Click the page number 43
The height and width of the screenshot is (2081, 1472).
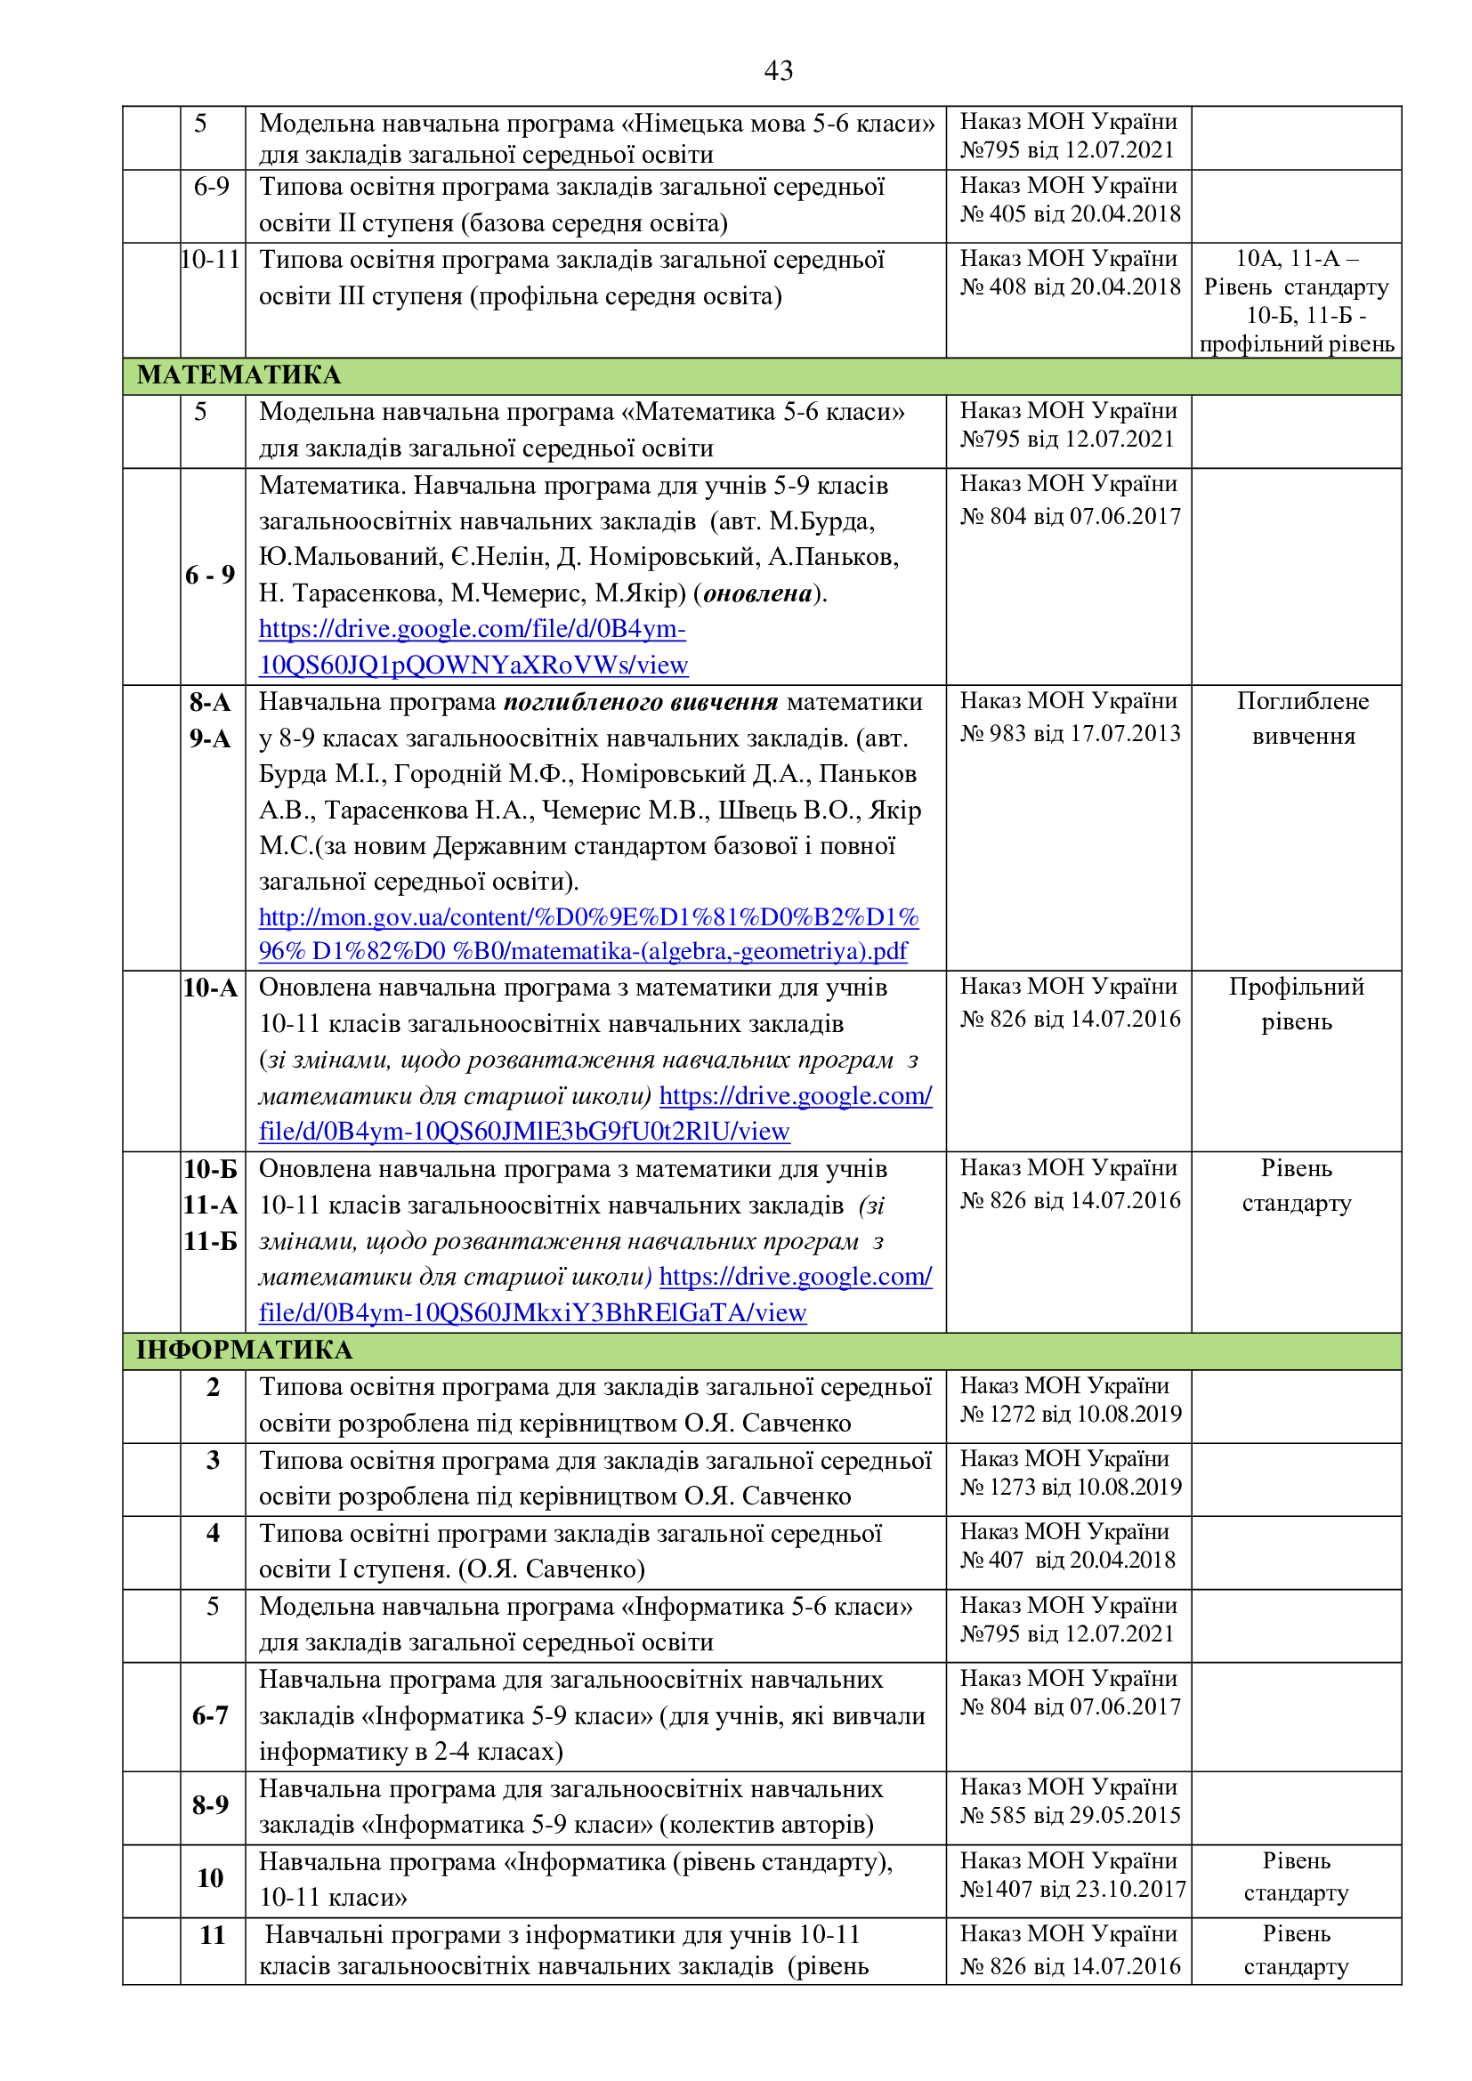pyautogui.click(x=778, y=69)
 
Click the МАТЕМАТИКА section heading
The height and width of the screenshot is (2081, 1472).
pyautogui.click(x=239, y=375)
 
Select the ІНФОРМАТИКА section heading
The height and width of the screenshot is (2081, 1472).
pyautogui.click(x=244, y=1350)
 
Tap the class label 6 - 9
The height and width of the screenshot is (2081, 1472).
pyautogui.click(x=210, y=575)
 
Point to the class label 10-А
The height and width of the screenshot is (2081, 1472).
pyautogui.click(x=210, y=987)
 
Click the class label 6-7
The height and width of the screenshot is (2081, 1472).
pyautogui.click(x=210, y=1714)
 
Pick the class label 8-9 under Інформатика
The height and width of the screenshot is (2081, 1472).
pyautogui.click(x=210, y=1804)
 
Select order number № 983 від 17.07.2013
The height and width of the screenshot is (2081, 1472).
pyautogui.click(x=1070, y=733)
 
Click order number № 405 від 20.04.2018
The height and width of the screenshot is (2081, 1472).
pyautogui.click(x=1070, y=214)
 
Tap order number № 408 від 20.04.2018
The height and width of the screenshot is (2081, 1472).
pyautogui.click(x=1070, y=287)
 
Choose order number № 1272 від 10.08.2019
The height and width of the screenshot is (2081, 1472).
pyautogui.click(x=1070, y=1414)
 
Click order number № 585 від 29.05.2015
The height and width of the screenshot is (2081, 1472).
pyautogui.click(x=1070, y=1816)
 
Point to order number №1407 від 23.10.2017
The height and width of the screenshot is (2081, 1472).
pyautogui.click(x=1072, y=1889)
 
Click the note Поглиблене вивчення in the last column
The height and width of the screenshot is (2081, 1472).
pyautogui.click(x=1303, y=718)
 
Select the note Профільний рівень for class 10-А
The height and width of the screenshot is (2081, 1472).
pyautogui.click(x=1296, y=1004)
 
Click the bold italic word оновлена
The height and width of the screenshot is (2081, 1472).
pyautogui.click(x=757, y=593)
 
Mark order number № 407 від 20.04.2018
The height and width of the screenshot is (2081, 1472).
pyautogui.click(x=1068, y=1560)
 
